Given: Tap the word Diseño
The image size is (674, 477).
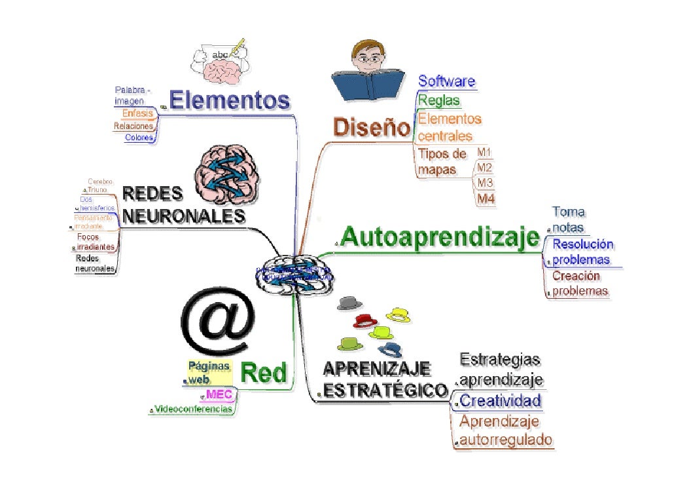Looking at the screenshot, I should [x=371, y=126].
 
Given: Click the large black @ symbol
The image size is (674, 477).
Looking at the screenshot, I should [x=217, y=322].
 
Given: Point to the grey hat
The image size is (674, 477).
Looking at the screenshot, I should [x=351, y=303].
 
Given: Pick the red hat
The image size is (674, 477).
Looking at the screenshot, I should [x=365, y=320].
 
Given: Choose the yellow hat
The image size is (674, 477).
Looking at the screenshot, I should [x=398, y=314].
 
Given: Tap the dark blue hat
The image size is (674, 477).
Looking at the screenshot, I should [x=390, y=349].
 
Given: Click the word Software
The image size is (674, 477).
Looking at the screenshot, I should [x=446, y=81].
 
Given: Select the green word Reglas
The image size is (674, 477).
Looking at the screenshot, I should [x=438, y=101].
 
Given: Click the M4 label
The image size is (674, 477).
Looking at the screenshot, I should [x=485, y=198].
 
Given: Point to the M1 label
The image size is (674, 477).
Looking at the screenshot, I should [x=484, y=153].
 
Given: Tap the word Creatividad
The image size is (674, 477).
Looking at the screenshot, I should [x=501, y=400].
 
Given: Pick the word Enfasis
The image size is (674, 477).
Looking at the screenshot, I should [x=138, y=113].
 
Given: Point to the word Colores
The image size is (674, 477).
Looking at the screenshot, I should [x=139, y=138].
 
